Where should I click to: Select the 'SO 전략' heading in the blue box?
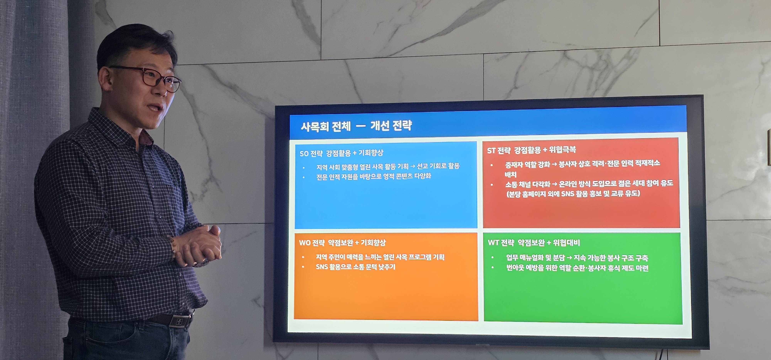coord(311,154)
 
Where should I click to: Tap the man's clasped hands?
coord(198,245)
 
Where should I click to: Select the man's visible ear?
coord(105,79)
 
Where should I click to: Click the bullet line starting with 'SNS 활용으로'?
coord(355,267)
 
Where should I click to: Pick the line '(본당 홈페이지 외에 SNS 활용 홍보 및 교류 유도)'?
coord(573,194)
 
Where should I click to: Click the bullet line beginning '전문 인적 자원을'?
coord(374,177)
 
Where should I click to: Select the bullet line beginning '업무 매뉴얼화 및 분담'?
coord(577,258)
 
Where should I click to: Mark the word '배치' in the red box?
coord(511,174)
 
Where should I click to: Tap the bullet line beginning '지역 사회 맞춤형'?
coord(388,166)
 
